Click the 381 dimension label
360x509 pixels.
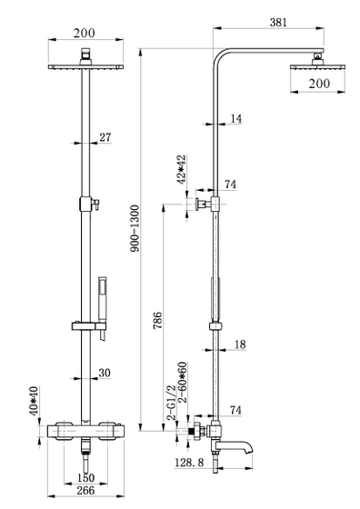coord(278,22)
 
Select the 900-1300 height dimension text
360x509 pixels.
coord(134,228)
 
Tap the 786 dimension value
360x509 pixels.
coord(158,320)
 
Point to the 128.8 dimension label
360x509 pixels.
coord(189,463)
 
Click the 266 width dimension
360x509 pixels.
coord(85,490)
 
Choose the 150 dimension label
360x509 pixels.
coord(85,477)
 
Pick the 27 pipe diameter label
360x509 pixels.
coord(105,137)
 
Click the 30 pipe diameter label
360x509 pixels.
coord(105,373)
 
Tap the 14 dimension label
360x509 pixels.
coord(236,118)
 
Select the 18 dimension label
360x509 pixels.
coord(240,344)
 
